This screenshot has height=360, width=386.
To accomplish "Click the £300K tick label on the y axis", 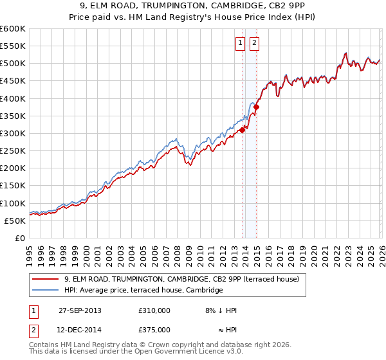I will (13, 133).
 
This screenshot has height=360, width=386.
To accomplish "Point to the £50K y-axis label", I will (15, 221).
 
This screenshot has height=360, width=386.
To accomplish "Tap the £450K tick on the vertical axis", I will (13, 81).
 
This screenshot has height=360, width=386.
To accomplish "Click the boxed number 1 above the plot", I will (240, 43).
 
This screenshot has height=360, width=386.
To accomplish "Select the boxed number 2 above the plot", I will (254, 43).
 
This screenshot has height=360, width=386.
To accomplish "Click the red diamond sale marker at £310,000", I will (243, 130).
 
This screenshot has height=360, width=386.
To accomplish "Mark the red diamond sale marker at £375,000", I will (256, 107).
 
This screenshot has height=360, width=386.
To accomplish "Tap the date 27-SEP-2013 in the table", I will (80, 310).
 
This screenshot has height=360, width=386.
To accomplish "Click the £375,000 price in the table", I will (154, 329).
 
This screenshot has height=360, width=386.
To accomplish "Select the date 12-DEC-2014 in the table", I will (80, 329).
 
